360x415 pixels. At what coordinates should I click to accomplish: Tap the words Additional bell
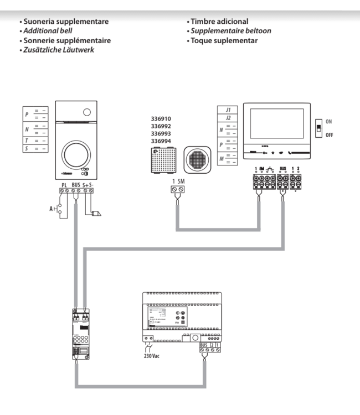[x=48, y=31]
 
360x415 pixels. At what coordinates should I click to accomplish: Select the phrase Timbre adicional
[x=219, y=22]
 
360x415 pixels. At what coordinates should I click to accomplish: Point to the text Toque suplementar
[x=224, y=40]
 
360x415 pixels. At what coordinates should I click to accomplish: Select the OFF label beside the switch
[x=330, y=134]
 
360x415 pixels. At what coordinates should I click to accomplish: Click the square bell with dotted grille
[x=166, y=160]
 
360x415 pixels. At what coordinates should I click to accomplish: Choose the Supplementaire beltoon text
[x=231, y=31]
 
